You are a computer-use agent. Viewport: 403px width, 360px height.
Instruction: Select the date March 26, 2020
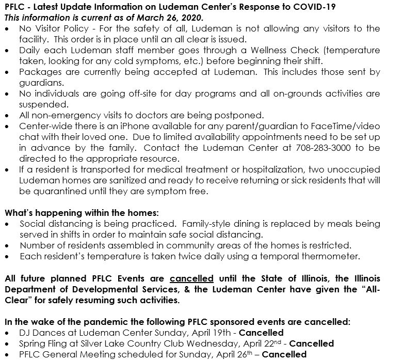153,17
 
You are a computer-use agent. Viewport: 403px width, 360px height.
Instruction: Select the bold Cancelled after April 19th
261,332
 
